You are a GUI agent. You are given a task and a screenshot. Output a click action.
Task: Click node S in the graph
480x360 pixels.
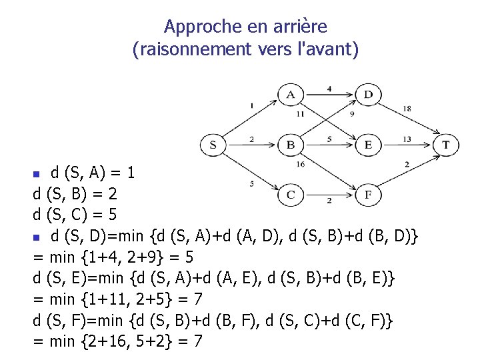213,145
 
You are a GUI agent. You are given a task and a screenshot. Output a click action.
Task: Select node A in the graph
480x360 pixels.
291,95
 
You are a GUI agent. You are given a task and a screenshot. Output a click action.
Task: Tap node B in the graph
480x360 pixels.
290,145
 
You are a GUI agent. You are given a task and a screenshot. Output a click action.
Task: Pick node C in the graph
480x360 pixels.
291,194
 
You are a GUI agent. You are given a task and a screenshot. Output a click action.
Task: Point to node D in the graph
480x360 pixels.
368,95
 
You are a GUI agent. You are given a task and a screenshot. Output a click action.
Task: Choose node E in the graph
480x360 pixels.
368,145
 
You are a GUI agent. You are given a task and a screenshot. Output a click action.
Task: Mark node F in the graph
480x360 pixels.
368,194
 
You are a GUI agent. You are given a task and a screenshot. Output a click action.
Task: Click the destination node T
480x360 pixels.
446,145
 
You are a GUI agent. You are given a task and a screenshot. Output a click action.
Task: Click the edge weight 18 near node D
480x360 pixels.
407,109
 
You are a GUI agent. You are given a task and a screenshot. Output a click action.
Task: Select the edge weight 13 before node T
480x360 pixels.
407,139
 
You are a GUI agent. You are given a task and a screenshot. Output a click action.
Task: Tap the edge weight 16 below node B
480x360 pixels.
300,164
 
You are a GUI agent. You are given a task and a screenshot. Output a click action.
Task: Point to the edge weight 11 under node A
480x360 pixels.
300,114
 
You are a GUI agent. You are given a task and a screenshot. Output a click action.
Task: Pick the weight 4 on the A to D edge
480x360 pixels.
329,88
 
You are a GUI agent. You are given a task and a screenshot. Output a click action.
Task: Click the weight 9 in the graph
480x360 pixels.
352,114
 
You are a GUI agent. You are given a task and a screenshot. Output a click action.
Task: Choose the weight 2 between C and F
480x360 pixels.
329,200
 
